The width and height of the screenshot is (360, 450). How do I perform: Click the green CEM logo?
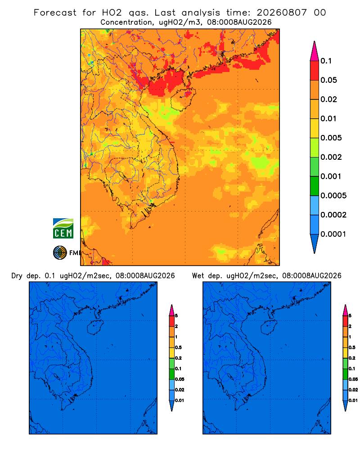63,229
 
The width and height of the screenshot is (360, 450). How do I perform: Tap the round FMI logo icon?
60,253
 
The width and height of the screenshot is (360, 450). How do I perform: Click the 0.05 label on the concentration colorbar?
328,80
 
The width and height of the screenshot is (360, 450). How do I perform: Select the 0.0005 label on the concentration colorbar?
333,196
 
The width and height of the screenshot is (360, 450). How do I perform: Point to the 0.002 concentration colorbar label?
331,157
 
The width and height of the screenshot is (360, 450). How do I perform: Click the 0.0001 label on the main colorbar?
333,234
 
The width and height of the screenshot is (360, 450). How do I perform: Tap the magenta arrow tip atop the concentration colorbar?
315,51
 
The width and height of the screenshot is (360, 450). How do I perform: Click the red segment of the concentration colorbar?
315,71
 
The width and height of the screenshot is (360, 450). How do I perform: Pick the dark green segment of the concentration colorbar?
315,186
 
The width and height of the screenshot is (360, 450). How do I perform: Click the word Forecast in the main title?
55,13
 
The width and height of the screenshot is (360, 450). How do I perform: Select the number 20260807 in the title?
282,13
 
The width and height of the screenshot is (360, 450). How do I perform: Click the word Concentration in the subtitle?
126,22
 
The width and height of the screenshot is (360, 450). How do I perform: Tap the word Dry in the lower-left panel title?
17,276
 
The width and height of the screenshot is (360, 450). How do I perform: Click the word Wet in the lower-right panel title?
198,276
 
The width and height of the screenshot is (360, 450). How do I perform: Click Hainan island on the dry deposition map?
95,328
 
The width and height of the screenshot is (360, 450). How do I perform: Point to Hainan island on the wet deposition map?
269,328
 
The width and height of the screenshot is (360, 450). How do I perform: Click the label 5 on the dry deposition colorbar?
176,316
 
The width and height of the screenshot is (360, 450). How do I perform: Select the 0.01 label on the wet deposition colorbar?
353,400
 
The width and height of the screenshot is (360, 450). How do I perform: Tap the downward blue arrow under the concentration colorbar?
315,244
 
